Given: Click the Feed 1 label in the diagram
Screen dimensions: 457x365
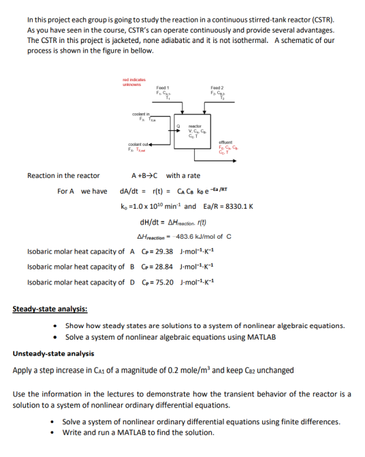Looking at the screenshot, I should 163,89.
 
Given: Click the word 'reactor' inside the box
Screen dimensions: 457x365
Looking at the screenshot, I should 194,127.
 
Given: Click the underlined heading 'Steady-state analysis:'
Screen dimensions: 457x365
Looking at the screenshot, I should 50,310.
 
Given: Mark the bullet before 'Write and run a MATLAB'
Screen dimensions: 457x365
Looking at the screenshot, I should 54,432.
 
